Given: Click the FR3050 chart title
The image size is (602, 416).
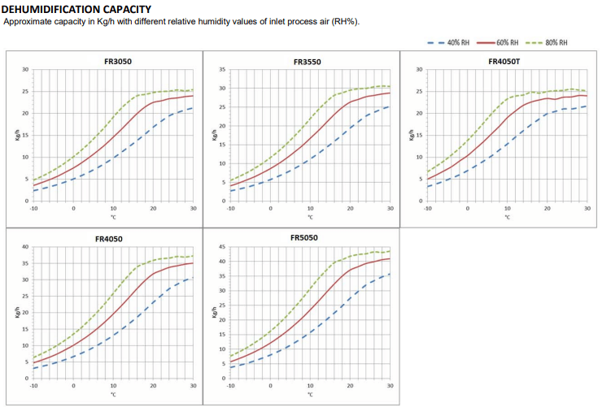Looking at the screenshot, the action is click(118, 62).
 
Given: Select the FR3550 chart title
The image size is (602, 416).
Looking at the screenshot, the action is click(308, 62).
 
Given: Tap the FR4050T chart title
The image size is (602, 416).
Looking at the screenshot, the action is click(504, 62).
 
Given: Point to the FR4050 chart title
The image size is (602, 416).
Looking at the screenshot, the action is click(109, 239).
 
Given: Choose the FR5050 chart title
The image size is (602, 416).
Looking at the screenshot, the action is click(304, 238).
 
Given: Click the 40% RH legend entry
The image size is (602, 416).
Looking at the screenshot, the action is click(448, 42).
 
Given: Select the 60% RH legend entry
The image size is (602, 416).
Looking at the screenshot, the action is click(498, 42).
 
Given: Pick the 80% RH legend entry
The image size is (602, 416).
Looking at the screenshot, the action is click(547, 42).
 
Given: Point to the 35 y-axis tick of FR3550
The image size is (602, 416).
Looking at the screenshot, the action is click(222, 70).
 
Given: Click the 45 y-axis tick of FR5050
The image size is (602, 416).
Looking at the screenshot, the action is click(222, 247).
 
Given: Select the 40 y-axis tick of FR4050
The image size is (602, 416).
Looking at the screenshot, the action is click(25, 247).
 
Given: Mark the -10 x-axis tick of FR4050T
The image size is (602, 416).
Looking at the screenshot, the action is click(427, 209).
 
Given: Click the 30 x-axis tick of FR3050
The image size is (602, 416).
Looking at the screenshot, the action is click(193, 209).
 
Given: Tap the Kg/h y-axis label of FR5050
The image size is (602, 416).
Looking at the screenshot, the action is click(214, 312).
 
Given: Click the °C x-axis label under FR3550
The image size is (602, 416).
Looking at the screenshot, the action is click(310, 218).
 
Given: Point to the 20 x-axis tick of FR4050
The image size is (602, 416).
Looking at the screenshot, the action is click(153, 386).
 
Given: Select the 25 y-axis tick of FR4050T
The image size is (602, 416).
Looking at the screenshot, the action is click(419, 92).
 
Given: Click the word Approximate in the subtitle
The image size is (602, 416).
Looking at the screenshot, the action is click(28, 22).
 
